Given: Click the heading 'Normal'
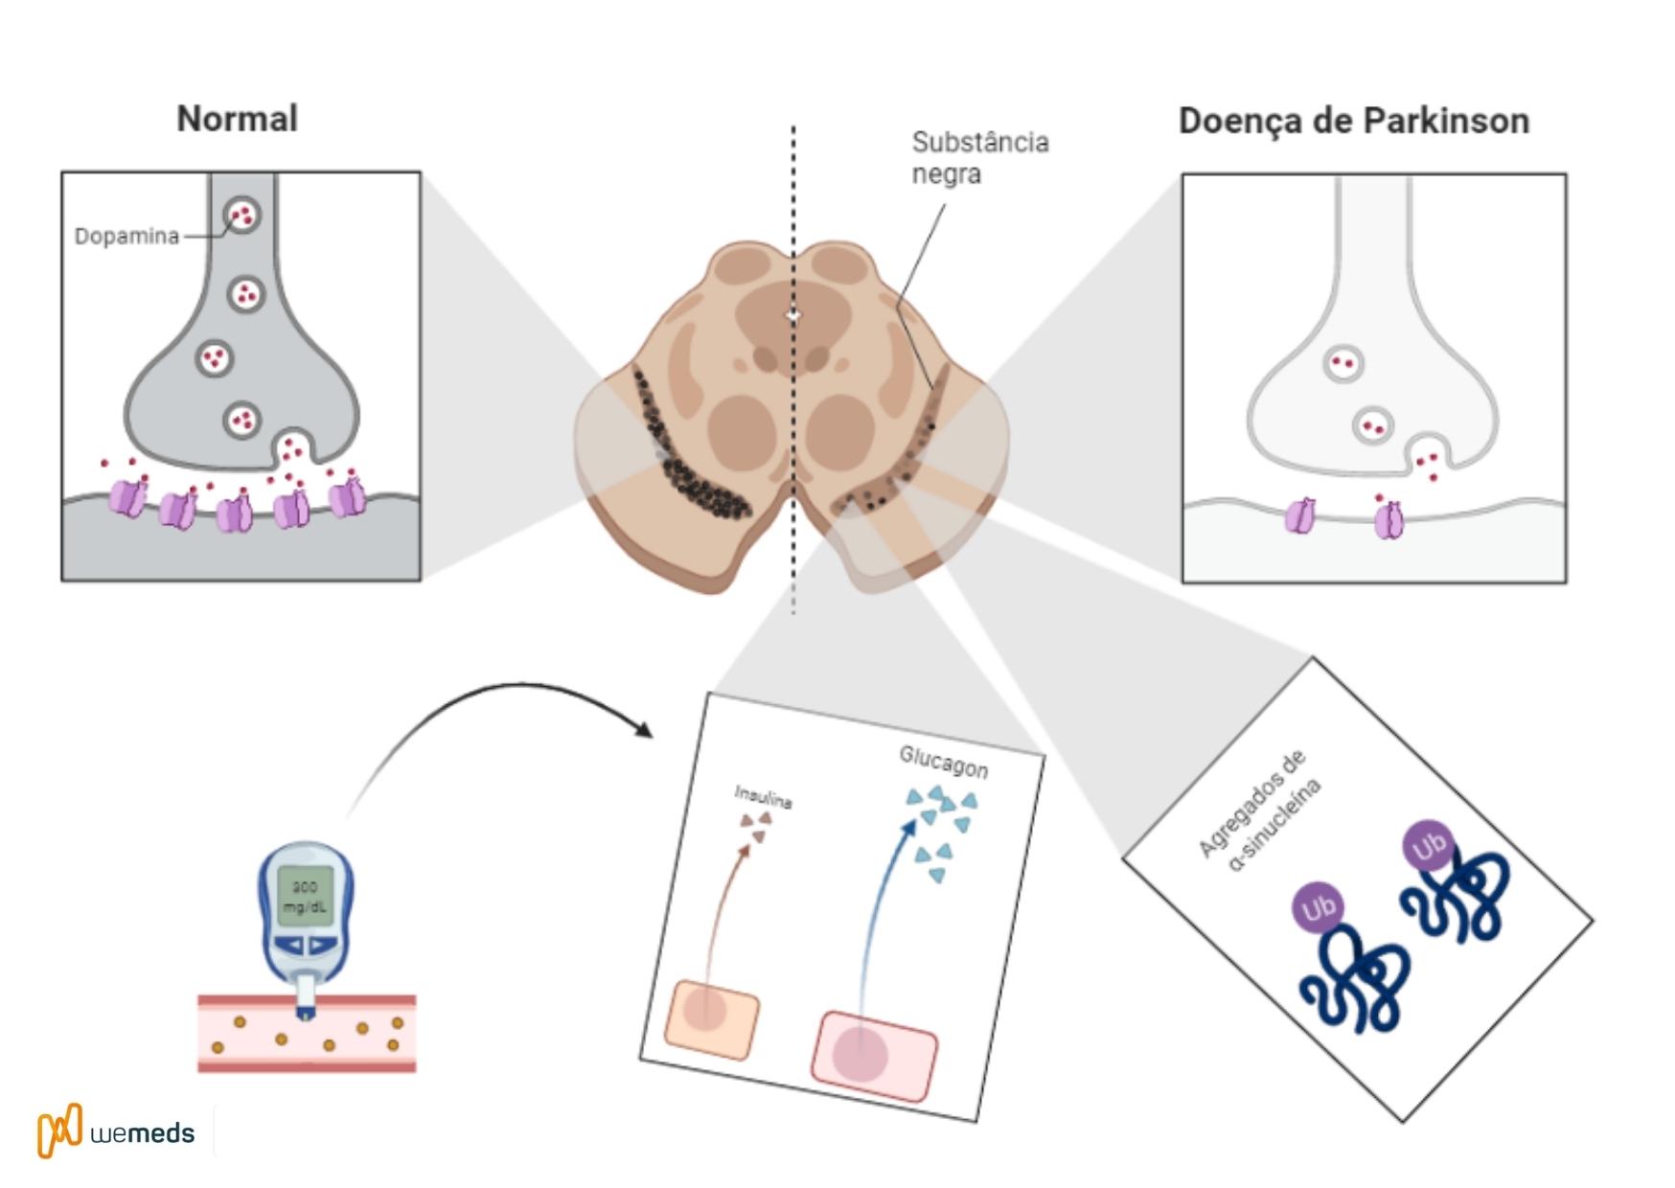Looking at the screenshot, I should (237, 119).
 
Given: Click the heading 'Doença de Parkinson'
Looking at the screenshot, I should (1353, 121).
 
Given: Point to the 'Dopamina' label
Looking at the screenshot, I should (126, 236).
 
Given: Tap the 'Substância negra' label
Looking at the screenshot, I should (979, 158).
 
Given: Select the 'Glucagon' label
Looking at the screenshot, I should (943, 762).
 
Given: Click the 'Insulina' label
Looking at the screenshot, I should (763, 796).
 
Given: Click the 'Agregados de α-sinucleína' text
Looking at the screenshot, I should (1258, 810).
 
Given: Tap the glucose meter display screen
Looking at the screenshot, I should (306, 897).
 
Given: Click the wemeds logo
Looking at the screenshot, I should (116, 1131).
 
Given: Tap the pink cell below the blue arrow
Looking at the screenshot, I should (873, 1054).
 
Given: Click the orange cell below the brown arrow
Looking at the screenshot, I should (711, 1018).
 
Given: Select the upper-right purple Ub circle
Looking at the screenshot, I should (1429, 846).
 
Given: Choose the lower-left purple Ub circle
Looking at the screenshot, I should (1319, 907).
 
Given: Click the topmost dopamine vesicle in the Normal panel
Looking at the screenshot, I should (241, 215).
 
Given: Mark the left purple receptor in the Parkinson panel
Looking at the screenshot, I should (1300, 515).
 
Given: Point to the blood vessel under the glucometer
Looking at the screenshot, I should (307, 1035).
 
